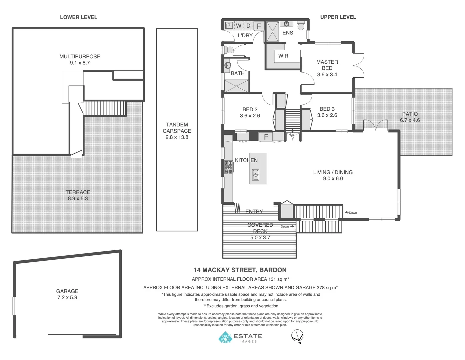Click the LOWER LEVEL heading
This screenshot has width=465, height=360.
click(x=79, y=17)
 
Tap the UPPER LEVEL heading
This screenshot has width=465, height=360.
click(x=338, y=17)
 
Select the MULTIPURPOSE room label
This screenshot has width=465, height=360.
click(x=80, y=56)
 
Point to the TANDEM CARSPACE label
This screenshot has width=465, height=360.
click(x=177, y=128)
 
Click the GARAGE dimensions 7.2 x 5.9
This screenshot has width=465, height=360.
click(x=67, y=297)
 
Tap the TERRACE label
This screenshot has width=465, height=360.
click(x=78, y=192)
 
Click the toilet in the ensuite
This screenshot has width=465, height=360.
click(x=301, y=26)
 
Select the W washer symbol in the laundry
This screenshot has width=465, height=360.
click(x=239, y=26)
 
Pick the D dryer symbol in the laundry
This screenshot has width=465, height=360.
click(x=248, y=26)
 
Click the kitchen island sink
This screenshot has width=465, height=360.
click(x=256, y=175)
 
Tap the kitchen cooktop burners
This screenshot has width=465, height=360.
click(x=229, y=167)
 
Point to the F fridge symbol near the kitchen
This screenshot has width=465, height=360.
click(x=266, y=137)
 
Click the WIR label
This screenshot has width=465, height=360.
click(x=283, y=56)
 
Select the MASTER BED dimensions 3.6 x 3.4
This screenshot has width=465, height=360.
click(x=327, y=74)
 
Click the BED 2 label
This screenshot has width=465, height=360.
click(x=250, y=109)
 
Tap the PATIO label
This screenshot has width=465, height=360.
click(x=410, y=114)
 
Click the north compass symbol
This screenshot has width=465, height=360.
click(x=297, y=336)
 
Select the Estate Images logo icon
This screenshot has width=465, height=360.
click(x=225, y=337)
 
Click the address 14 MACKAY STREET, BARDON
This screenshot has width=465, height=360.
click(x=240, y=270)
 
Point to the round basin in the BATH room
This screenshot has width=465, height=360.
click(x=227, y=65)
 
